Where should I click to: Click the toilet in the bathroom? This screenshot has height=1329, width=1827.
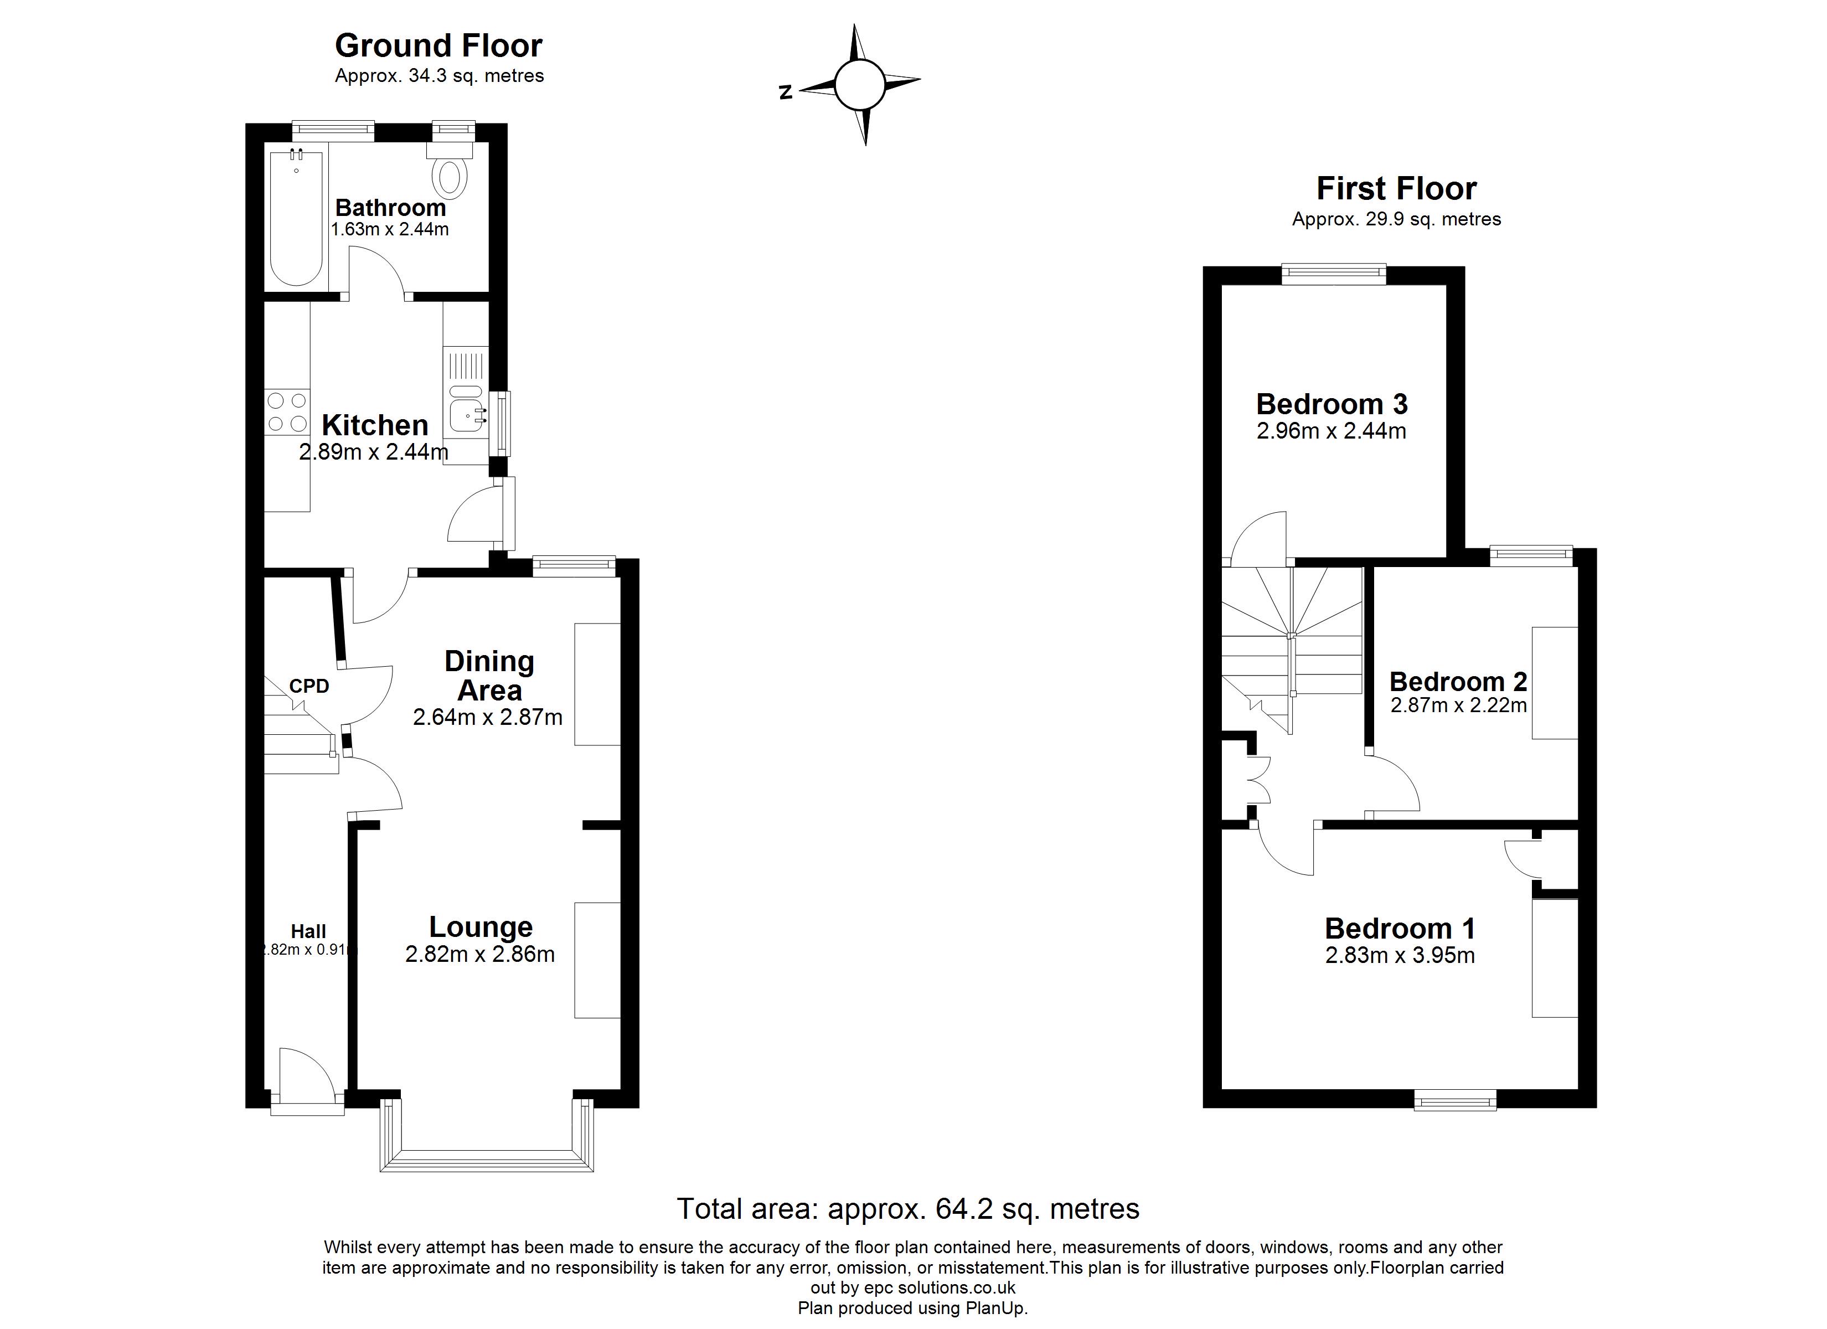tap(450, 171)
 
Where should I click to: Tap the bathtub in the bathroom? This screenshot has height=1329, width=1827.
tap(296, 218)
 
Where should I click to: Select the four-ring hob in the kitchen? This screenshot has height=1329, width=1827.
tap(287, 411)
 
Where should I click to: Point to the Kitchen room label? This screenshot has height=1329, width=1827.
tap(375, 425)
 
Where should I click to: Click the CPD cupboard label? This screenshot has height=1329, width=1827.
tap(309, 686)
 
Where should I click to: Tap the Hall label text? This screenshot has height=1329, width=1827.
tap(308, 931)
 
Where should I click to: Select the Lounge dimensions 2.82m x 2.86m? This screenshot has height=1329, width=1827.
tap(480, 954)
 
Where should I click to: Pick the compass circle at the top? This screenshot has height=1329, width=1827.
tap(860, 85)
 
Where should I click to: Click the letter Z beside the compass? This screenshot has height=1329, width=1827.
tap(786, 92)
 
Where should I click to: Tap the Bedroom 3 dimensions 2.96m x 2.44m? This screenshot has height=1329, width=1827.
tap(1331, 431)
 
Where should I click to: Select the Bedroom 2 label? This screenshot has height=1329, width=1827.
tap(1458, 682)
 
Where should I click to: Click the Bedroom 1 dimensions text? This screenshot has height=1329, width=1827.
tap(1400, 956)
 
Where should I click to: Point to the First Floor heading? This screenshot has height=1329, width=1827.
tap(1397, 189)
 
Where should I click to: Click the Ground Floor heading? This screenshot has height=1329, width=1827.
tap(439, 46)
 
